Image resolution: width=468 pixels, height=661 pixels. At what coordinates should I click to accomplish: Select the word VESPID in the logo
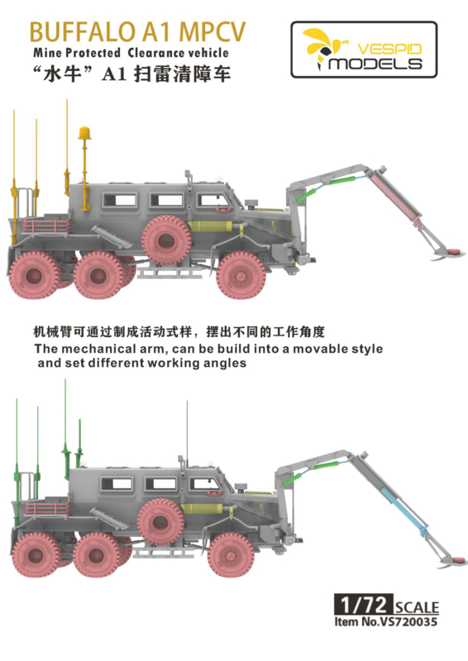coord(389,49)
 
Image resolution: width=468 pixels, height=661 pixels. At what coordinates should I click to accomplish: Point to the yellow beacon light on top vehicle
coord(84,133)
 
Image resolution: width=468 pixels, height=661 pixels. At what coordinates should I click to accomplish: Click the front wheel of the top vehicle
coord(241,276)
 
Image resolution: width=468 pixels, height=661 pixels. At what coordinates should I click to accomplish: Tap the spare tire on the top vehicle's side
coord(166,240)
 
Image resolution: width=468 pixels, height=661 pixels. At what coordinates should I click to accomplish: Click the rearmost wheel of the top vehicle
coord(34,275)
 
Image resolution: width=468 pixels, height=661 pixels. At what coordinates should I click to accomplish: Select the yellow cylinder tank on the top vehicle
coord(209,226)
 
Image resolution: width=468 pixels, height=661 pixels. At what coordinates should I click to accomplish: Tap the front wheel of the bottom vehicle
coord(232,554)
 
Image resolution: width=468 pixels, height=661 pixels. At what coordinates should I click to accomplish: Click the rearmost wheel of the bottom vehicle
coord(36,554)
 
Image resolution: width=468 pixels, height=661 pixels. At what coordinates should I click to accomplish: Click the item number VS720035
coord(409,621)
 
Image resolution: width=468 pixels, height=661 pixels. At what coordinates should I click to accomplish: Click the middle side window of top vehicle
coord(167,201)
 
